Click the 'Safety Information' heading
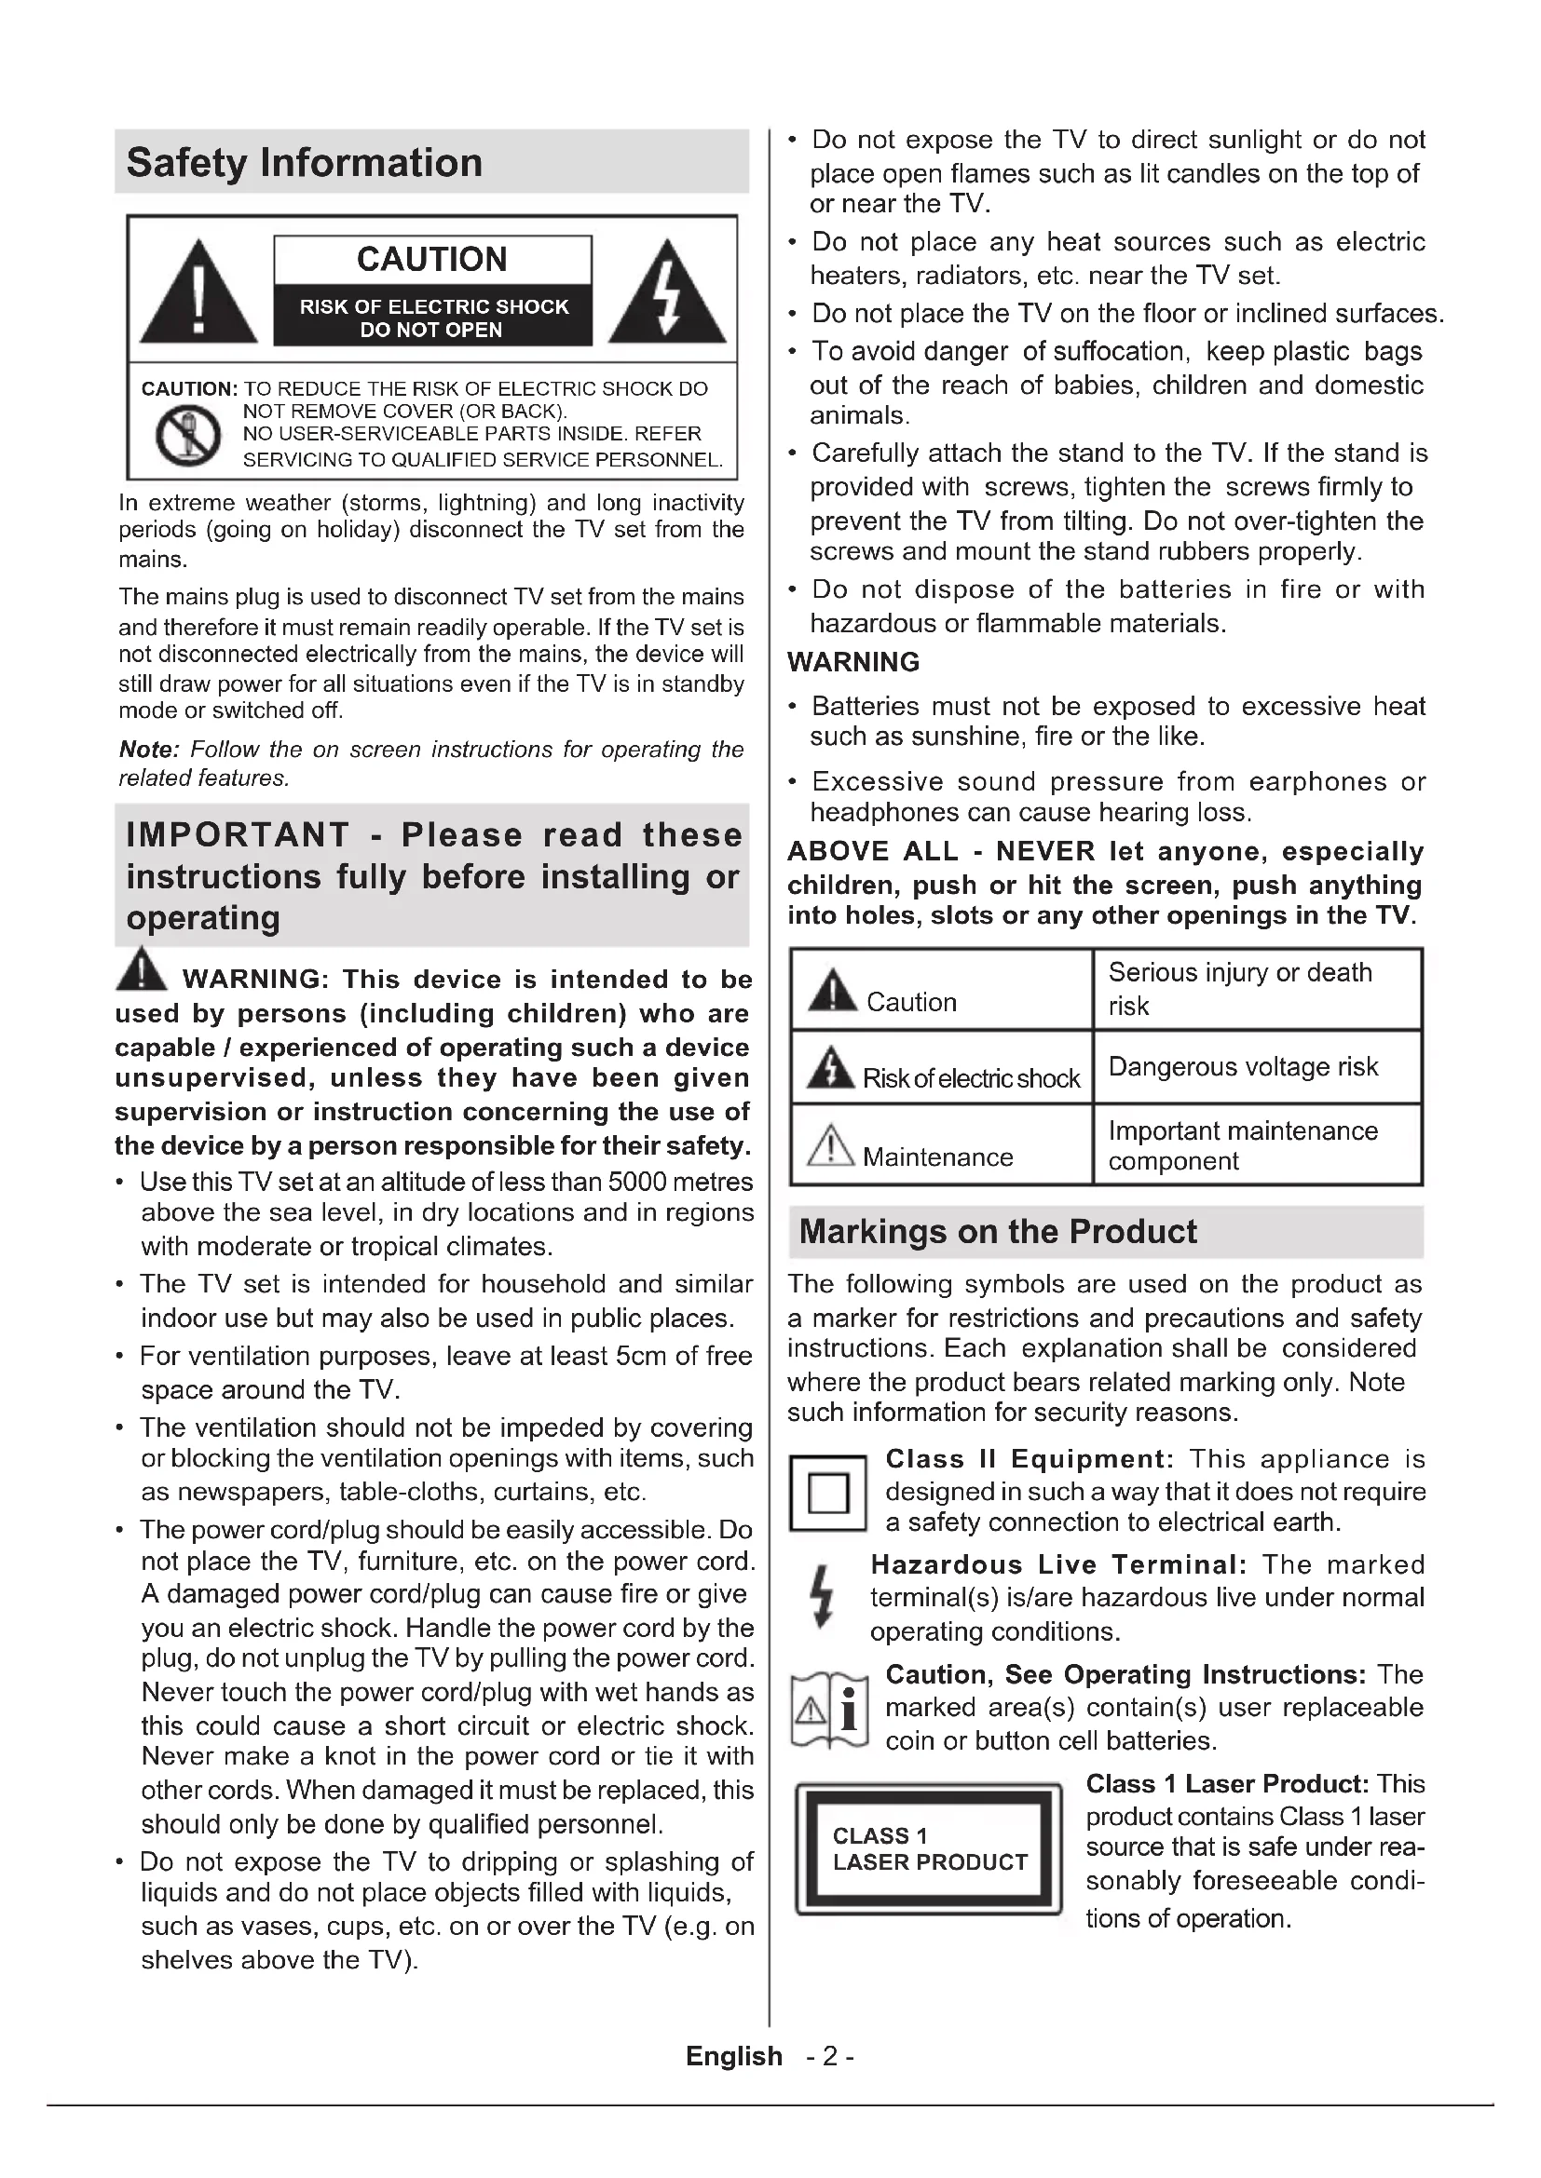tap(304, 163)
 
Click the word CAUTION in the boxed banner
tap(431, 259)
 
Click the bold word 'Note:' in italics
tap(149, 750)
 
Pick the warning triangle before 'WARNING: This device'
tap(142, 969)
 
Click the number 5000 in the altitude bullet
tap(639, 1182)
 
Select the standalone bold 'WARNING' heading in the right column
tap(853, 662)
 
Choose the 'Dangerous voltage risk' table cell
tap(1242, 1067)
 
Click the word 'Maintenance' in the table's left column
tap(937, 1157)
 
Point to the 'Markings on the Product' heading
tap(997, 1231)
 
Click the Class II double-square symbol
tap(827, 1494)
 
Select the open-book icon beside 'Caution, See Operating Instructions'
tap(828, 1711)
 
